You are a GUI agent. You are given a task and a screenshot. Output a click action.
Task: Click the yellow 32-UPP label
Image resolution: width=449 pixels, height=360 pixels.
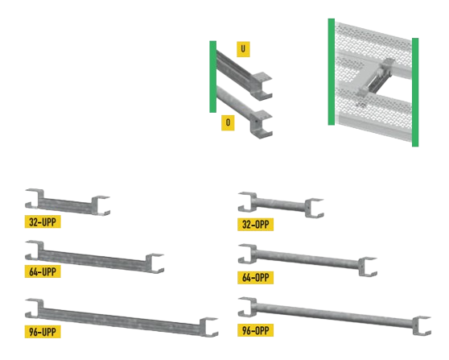43,221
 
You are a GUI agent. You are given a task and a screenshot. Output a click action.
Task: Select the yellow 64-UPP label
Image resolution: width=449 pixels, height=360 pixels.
43,271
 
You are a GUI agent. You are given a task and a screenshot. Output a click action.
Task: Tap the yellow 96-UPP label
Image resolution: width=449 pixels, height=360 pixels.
43,332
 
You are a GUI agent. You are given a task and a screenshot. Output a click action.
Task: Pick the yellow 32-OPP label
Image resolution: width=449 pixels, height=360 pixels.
255,225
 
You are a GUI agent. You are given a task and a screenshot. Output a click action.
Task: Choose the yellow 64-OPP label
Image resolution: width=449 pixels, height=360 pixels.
255,278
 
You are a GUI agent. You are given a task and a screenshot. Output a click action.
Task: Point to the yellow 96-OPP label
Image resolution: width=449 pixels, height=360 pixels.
255,330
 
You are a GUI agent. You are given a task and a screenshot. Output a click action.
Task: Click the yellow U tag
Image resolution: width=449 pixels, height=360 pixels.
243,49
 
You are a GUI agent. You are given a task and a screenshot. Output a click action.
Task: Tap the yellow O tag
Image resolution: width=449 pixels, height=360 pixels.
228,122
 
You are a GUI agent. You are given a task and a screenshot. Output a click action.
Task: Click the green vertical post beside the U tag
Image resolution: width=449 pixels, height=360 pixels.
212,77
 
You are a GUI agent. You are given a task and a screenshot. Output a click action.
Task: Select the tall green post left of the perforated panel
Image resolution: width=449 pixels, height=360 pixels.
332,72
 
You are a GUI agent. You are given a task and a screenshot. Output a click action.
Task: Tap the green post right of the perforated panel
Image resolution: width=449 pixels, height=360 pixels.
415,92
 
